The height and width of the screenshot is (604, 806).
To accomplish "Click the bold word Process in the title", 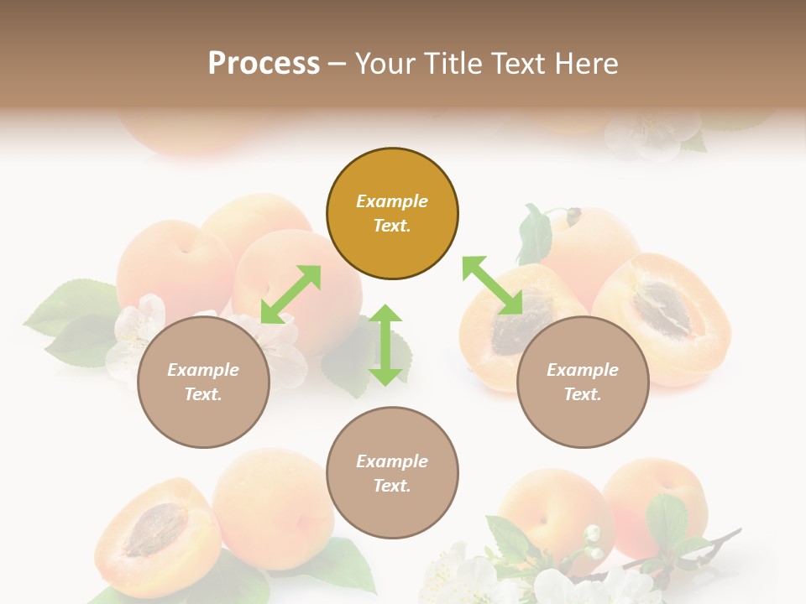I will (264, 64).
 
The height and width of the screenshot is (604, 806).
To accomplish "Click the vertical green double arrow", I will (385, 345).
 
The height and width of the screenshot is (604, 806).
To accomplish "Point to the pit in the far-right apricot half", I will (662, 310).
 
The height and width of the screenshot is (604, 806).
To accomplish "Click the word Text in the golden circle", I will (392, 226).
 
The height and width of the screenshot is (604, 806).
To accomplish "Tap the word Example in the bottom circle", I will (392, 461).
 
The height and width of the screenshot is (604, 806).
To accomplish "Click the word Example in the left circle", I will (203, 370).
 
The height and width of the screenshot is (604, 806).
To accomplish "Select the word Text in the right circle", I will (583, 394).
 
